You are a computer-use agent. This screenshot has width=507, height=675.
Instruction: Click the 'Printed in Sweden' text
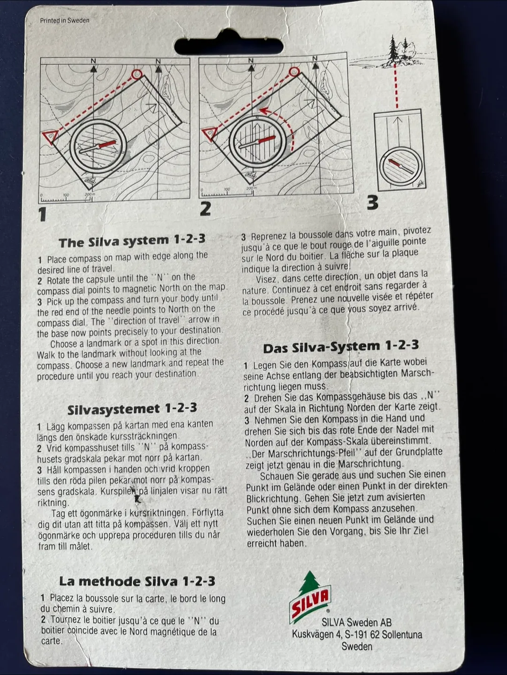pos(64,21)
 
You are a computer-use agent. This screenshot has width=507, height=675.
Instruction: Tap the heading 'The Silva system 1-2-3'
pos(132,241)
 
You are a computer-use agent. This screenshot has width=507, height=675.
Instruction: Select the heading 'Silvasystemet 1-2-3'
pos(132,409)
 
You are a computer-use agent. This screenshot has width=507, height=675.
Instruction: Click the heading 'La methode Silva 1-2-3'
pos(137,581)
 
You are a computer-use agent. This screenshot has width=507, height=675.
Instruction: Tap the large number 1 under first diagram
pos(43,214)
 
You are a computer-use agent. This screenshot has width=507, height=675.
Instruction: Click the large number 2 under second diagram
pos(205,209)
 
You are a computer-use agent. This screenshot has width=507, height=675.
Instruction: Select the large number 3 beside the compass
pos(372,202)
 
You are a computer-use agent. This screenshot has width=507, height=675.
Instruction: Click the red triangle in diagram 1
pos(49,137)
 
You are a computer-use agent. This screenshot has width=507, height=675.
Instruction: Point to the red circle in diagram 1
pos(137,74)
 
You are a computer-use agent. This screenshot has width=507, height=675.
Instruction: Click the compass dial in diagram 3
pos(400,166)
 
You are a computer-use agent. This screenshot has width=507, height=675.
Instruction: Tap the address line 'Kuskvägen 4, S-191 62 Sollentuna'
pos(357,635)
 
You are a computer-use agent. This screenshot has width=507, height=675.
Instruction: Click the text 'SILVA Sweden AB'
pos(356,622)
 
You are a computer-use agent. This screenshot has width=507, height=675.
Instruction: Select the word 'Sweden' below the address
pos(357,646)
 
